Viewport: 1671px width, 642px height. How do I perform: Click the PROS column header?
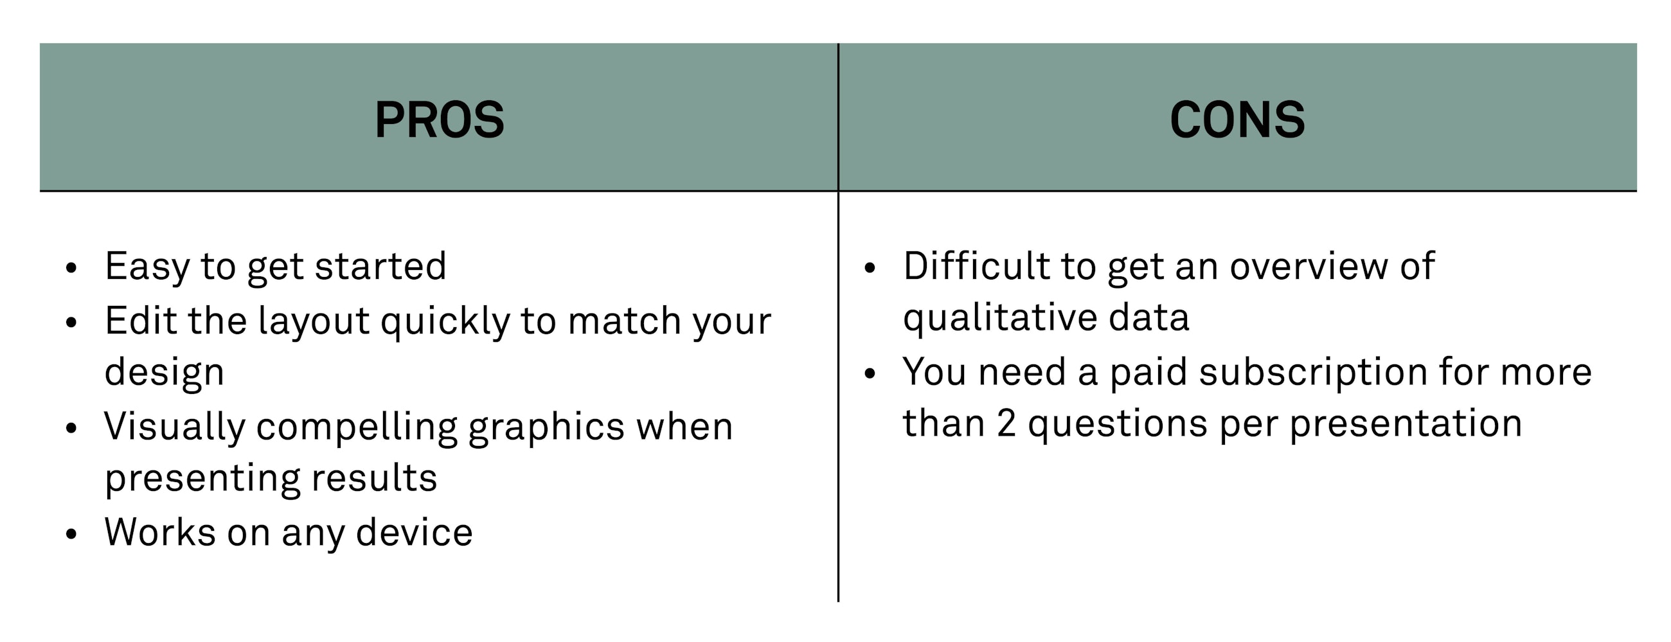(x=439, y=120)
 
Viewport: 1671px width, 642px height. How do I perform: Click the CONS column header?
(x=1237, y=120)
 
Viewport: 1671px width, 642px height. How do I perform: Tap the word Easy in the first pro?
(x=147, y=267)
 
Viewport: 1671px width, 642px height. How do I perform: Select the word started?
(x=380, y=267)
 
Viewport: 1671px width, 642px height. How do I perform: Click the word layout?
(x=314, y=321)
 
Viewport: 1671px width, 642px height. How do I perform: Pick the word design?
(x=164, y=373)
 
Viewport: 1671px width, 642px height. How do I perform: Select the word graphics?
(x=546, y=427)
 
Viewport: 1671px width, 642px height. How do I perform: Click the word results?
(x=374, y=479)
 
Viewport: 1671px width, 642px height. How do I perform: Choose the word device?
(x=415, y=533)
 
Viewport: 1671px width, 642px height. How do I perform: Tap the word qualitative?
(x=999, y=318)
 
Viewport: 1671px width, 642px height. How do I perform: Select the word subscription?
(x=1313, y=373)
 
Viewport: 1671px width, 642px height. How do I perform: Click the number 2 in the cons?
(x=1006, y=424)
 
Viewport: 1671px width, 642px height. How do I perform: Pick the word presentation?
(x=1405, y=424)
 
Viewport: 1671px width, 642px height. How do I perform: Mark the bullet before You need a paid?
(x=870, y=373)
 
